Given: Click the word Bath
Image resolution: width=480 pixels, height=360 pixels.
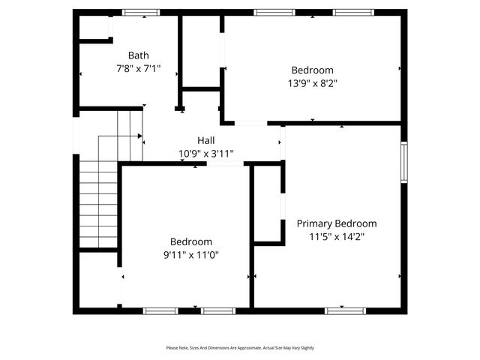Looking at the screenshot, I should [138, 55].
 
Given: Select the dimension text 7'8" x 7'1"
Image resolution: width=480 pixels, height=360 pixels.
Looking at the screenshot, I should [138, 68].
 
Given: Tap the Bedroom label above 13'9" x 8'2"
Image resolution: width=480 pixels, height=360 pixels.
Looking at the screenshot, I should [313, 70].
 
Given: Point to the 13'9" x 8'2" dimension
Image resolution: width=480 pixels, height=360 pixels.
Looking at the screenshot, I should [313, 84].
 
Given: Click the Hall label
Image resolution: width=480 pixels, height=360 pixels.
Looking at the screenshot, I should [206, 140].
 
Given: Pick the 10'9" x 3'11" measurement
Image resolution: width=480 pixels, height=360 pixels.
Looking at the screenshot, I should [206, 154].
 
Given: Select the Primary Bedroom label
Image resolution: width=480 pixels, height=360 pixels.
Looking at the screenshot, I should [337, 223].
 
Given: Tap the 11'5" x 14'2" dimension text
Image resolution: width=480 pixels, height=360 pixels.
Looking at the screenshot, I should [337, 237].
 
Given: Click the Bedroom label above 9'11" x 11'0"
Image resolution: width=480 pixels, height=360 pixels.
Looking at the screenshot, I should [191, 241].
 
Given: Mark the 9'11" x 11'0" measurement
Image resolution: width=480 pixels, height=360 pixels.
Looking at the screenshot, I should [191, 255].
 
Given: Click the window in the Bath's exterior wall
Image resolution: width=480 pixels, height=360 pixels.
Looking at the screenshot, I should [141, 12].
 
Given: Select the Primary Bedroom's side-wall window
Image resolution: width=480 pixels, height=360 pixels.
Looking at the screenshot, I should [403, 162].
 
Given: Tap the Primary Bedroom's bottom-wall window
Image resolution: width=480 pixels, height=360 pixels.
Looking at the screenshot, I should [344, 310].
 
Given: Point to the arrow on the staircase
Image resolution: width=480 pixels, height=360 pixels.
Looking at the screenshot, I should [139, 136].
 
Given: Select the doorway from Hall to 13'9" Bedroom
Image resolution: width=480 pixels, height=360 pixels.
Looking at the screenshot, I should [250, 123].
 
